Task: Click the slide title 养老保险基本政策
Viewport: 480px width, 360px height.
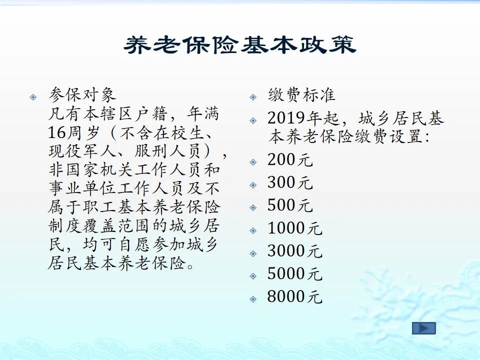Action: click(x=240, y=45)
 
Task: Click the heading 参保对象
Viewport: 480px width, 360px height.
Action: click(x=82, y=95)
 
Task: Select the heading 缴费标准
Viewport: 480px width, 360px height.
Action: click(x=301, y=95)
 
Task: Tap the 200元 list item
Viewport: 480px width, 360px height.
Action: click(x=290, y=159)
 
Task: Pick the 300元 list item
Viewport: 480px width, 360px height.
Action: click(x=290, y=182)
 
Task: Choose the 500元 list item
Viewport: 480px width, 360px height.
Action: click(x=290, y=205)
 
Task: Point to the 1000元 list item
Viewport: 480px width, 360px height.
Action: click(x=295, y=228)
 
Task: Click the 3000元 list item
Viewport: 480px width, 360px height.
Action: click(x=295, y=250)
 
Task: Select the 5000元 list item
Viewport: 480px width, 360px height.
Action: click(x=295, y=273)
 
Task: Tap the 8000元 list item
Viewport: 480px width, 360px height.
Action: click(x=295, y=296)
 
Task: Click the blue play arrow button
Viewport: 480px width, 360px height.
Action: click(x=423, y=328)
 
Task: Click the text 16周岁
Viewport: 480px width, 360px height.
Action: click(x=74, y=132)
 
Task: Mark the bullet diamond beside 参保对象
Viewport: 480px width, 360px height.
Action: click(x=33, y=97)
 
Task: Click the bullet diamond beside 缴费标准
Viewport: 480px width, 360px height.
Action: click(x=253, y=97)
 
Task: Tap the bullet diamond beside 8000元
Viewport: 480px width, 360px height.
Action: click(x=253, y=299)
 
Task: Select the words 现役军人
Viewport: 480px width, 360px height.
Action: click(x=82, y=151)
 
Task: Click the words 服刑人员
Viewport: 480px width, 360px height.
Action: click(x=167, y=151)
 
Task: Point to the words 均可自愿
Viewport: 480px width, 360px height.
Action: click(x=116, y=244)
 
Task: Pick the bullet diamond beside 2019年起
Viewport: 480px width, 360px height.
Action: click(x=253, y=120)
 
